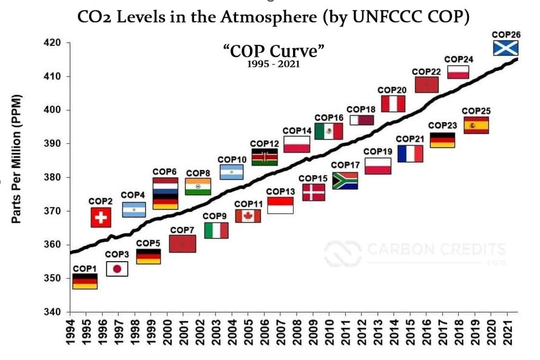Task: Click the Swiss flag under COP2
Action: [x=101, y=217]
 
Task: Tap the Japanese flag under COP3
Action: [x=117, y=269]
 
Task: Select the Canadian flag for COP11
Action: [x=248, y=216]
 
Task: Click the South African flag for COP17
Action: [x=345, y=181]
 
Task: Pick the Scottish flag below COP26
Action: [x=505, y=47]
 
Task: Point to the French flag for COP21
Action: [x=410, y=154]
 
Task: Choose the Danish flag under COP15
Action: [x=313, y=192]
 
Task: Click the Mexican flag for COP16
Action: [x=328, y=131]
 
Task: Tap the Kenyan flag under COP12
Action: [x=264, y=157]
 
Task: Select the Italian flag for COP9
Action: [x=216, y=230]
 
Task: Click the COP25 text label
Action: [x=476, y=111]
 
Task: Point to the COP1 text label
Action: [x=84, y=268]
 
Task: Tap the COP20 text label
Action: [x=393, y=90]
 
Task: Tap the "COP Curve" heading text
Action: [x=274, y=51]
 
